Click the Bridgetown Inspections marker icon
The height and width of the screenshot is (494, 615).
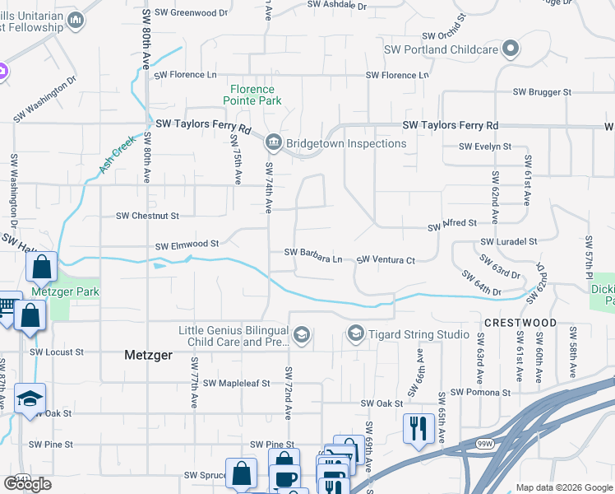[272, 143]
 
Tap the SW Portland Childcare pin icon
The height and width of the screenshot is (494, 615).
[511, 49]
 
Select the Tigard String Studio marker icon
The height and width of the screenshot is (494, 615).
[355, 333]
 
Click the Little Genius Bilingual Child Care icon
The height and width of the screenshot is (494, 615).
[302, 333]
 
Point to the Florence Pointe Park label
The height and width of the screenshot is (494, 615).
[252, 95]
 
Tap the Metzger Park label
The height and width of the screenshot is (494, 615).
[65, 291]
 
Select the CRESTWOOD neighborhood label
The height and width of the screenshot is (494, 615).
[520, 323]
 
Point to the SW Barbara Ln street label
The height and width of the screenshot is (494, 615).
[313, 253]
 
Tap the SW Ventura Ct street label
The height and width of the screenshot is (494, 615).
[386, 260]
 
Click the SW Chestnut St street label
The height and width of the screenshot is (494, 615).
[147, 216]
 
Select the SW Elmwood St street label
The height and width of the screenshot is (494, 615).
[187, 245]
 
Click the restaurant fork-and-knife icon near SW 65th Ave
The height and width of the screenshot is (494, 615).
[420, 428]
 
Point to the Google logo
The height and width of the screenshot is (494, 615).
[27, 484]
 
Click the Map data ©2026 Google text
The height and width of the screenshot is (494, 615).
[563, 487]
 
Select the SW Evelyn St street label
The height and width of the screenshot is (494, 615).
[485, 147]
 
